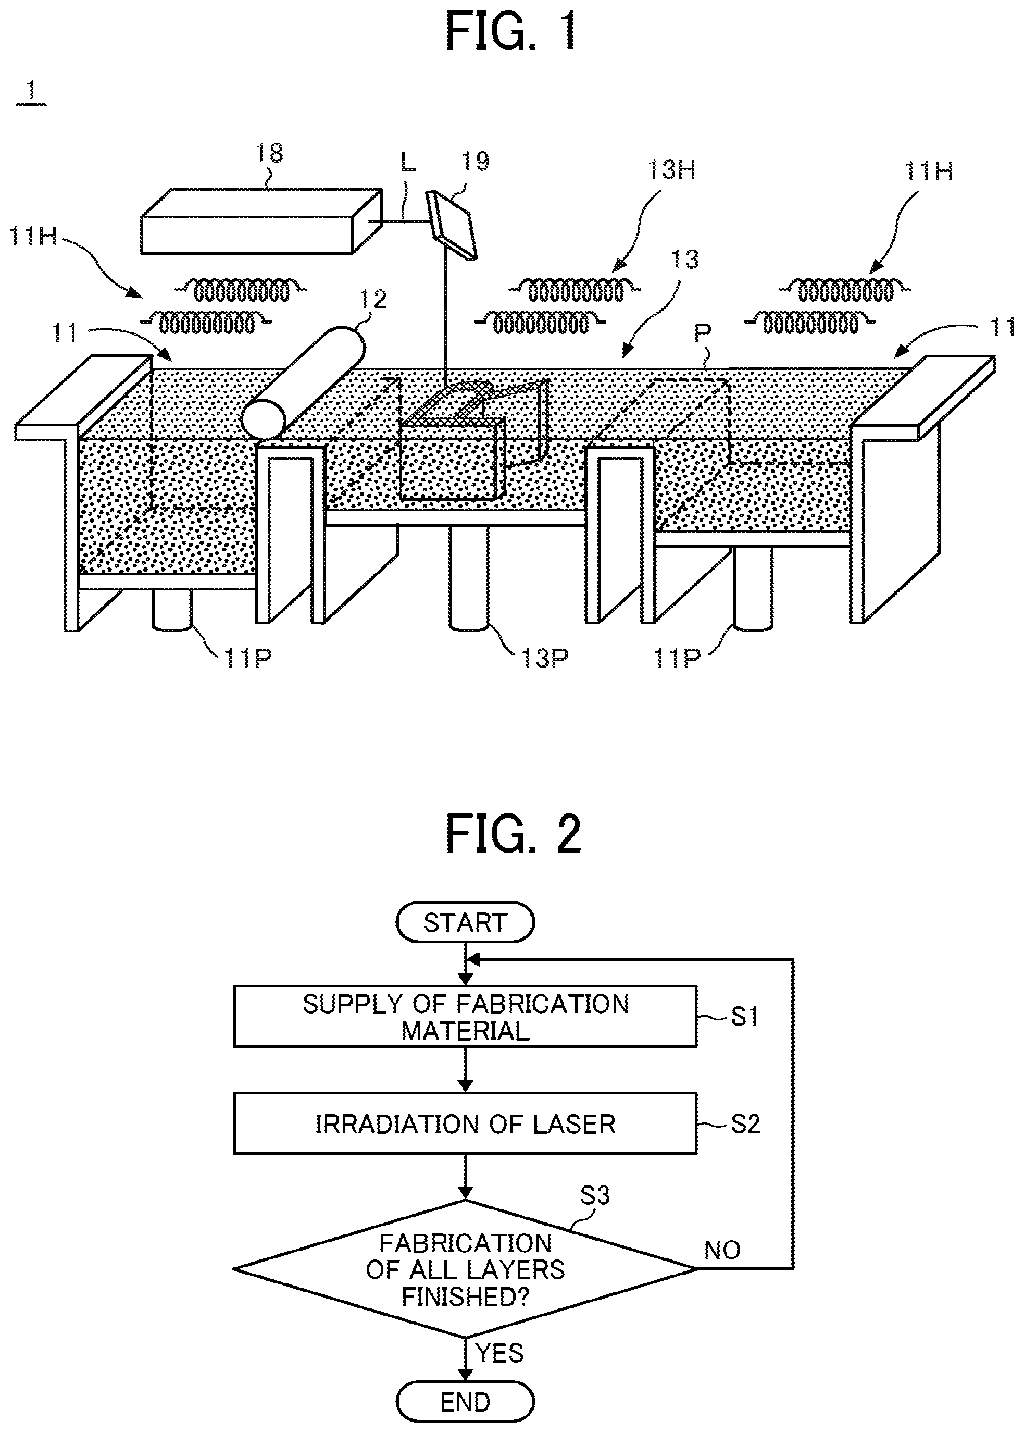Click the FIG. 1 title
click(511, 32)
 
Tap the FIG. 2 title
click(513, 834)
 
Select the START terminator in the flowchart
click(465, 922)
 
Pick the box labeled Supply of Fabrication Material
click(465, 1017)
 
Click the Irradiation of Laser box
click(465, 1124)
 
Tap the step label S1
click(744, 1017)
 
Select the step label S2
click(745, 1124)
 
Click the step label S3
click(595, 1195)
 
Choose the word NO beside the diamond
click(722, 1250)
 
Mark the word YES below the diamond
click(499, 1353)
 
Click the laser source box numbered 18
click(261, 221)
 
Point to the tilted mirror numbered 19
click(452, 225)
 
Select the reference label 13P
click(544, 659)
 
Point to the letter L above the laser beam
click(408, 162)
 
